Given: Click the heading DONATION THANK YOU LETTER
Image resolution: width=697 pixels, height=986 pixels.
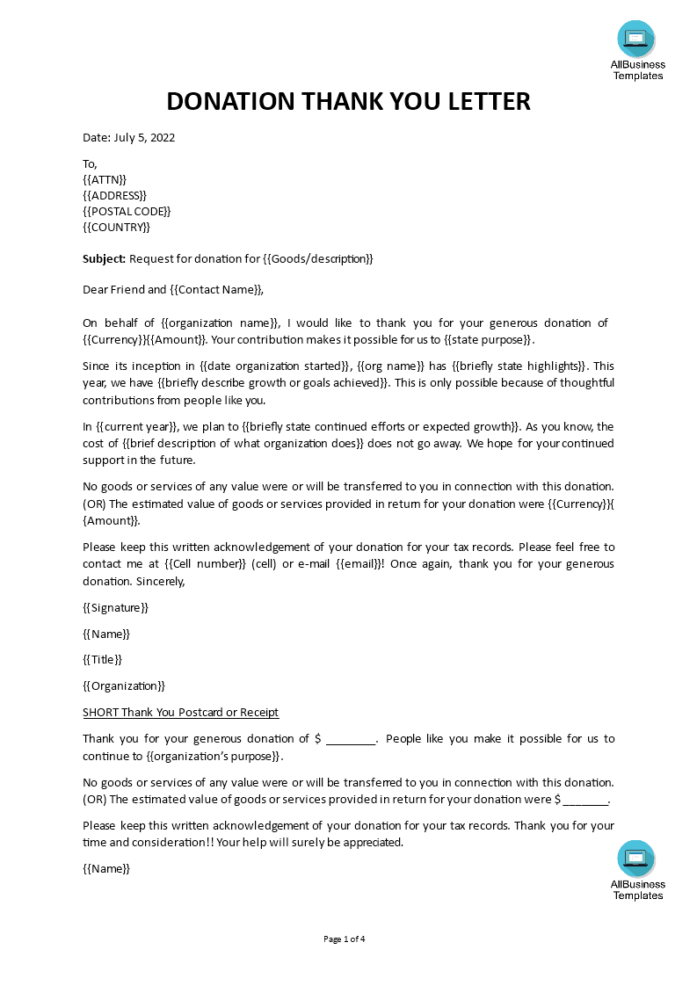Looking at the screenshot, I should [348, 102].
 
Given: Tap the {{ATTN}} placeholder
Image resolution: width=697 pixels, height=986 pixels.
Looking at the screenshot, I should [105, 179].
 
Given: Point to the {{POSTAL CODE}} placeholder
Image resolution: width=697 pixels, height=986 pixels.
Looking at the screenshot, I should [127, 211].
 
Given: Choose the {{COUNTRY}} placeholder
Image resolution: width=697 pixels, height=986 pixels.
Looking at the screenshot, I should [116, 227].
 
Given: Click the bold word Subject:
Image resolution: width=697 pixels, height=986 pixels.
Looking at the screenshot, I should [105, 258].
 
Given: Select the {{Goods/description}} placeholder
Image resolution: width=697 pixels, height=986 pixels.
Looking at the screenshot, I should [318, 258].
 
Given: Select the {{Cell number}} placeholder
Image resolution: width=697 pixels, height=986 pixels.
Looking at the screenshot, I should [205, 563].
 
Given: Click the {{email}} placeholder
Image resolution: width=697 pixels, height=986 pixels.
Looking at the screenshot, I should [359, 563].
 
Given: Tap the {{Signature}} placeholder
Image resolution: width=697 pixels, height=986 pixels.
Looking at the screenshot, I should [116, 607].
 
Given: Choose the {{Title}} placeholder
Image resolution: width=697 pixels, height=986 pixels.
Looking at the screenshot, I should [102, 659].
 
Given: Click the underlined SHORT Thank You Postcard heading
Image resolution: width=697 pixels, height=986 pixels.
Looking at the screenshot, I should [180, 712].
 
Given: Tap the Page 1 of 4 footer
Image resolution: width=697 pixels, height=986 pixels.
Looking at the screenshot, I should [345, 939].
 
